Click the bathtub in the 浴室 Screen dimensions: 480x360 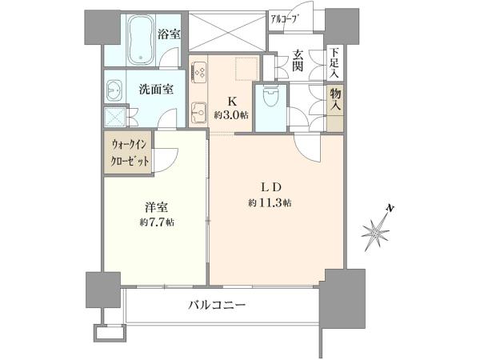[141, 40]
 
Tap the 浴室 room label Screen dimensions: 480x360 [169, 34]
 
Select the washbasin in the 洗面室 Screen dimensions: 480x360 [114, 91]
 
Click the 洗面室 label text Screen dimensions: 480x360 [156, 89]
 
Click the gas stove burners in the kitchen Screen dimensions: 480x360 [199, 72]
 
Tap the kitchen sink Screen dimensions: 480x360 [198, 112]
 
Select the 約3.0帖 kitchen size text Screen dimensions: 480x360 [231, 115]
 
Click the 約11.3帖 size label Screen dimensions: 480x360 [270, 202]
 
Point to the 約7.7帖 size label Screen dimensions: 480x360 [157, 222]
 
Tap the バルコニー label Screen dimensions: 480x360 [217, 305]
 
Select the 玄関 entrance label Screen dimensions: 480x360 [298, 60]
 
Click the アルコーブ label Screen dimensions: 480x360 [284, 19]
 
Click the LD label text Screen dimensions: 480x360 [270, 188]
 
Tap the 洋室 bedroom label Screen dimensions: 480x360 [157, 207]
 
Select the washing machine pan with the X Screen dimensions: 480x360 [115, 117]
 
